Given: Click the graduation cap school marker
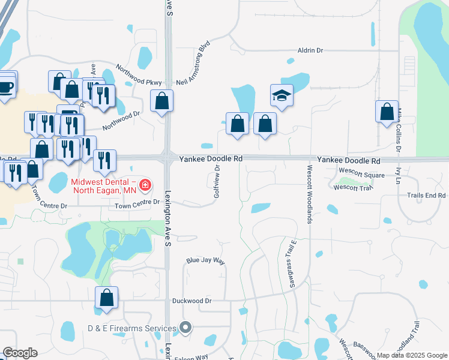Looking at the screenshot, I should (282, 95).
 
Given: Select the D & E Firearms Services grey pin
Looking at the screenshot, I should (186, 328).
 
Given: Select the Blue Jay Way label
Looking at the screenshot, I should (205, 262).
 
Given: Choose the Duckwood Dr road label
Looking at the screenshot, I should (192, 301).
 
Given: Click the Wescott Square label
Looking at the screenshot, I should (361, 175).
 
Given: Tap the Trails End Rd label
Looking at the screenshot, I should (426, 196).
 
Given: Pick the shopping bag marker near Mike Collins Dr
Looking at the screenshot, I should (387, 112).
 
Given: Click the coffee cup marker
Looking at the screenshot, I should (6, 87).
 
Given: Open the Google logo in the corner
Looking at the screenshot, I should (20, 353).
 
